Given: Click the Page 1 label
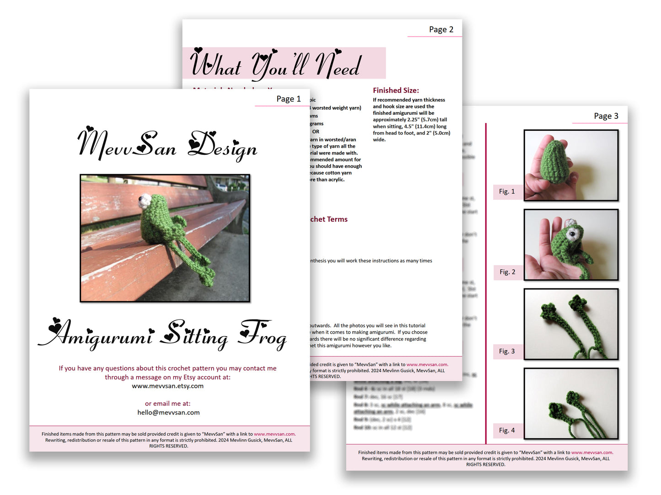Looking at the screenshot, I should click(x=288, y=99).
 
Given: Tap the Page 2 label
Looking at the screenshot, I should click(x=441, y=29).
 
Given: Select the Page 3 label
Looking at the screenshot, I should click(x=606, y=116).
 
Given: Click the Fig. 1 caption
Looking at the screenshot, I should click(x=507, y=192).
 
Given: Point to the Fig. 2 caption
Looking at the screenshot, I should click(x=507, y=272).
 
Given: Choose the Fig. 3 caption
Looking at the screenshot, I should click(x=507, y=351).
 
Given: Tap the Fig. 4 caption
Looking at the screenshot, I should click(x=507, y=430).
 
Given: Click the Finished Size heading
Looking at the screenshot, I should click(x=396, y=90).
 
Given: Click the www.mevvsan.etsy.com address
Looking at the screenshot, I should click(x=167, y=386).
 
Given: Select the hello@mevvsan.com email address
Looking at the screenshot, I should click(x=168, y=412).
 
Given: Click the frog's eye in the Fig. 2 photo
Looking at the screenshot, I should click(x=572, y=234).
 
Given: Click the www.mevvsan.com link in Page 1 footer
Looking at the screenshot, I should click(x=274, y=434).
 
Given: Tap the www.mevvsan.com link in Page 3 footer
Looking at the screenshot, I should click(x=591, y=452).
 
